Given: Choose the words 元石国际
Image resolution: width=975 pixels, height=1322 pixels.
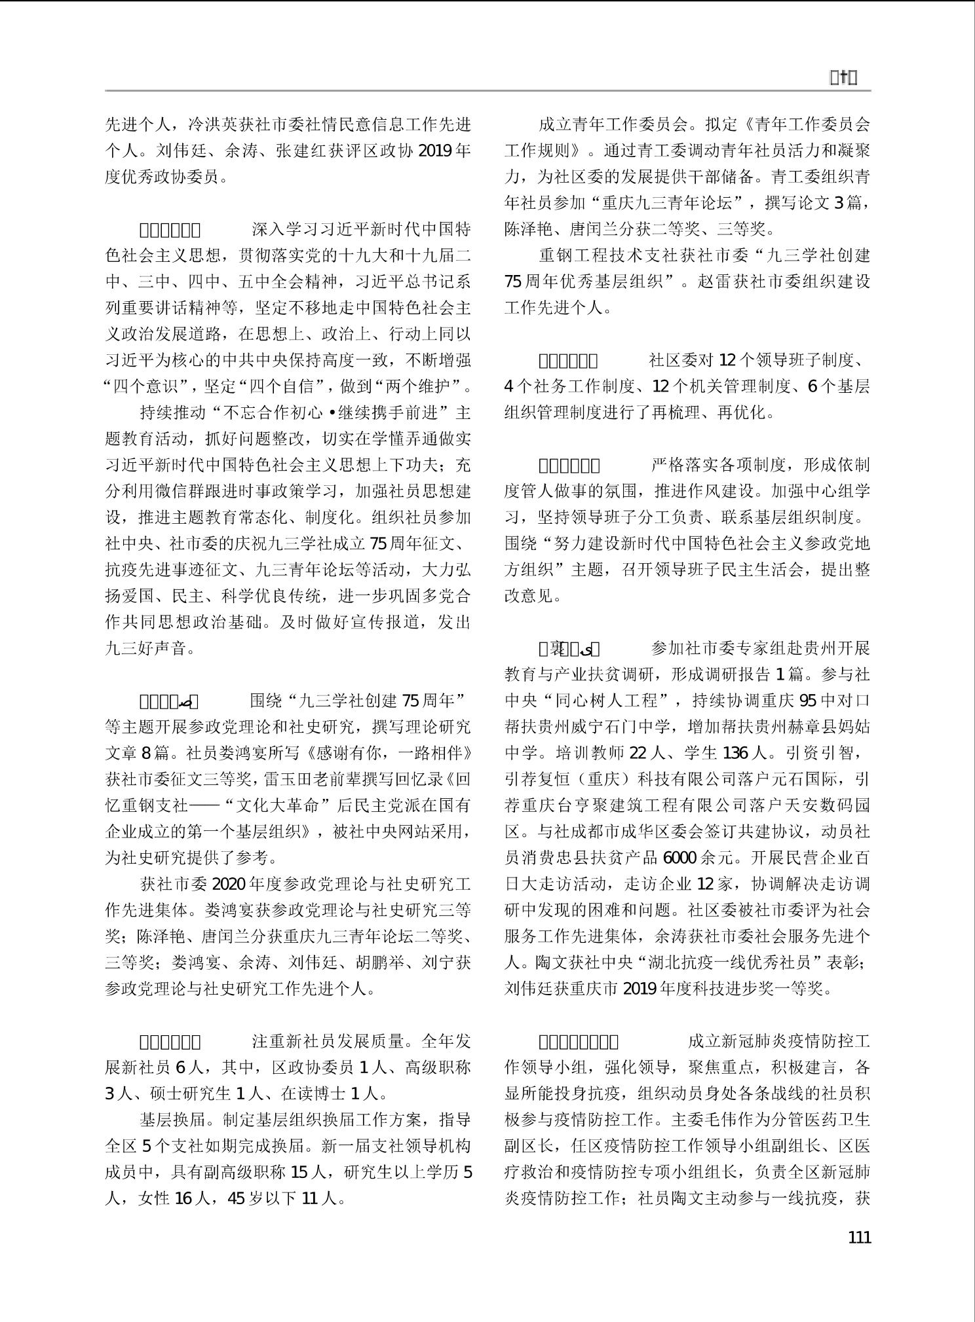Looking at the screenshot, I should click(801, 779).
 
